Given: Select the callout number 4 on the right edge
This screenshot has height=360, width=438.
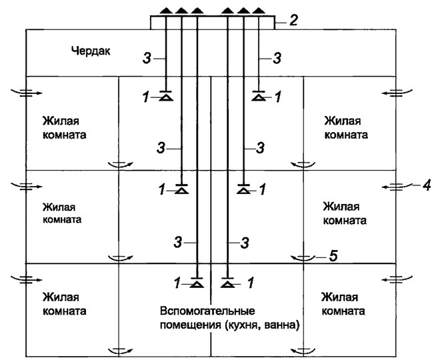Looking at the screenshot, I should coord(425,185).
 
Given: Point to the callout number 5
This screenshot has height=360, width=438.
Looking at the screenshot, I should coord(342,255).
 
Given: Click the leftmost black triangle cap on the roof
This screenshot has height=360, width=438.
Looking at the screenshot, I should coord(166,11).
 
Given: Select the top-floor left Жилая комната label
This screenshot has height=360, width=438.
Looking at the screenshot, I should coord(65,127).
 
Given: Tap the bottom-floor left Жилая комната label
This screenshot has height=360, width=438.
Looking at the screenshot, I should coord(65,304).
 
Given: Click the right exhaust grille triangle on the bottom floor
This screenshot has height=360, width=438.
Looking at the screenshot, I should coord(228,285).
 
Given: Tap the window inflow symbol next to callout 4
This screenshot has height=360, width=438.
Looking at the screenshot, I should coord(399,187).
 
